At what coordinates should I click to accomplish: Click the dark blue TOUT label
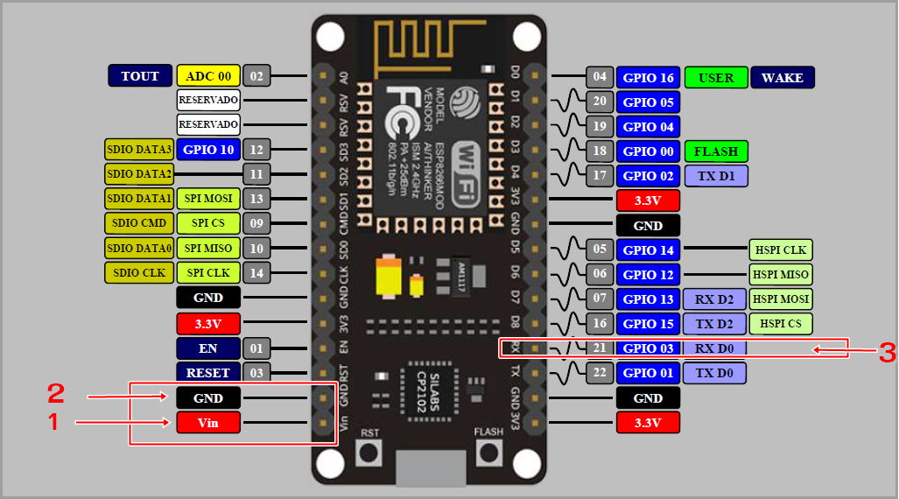[x=140, y=76]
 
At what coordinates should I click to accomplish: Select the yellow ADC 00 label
[x=208, y=76]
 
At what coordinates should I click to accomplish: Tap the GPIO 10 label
[x=208, y=150]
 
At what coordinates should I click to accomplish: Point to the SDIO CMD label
[x=139, y=223]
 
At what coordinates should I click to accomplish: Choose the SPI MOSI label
[x=208, y=199]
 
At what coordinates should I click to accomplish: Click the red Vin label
[x=208, y=423]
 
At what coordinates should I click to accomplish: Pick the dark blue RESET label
[x=208, y=373]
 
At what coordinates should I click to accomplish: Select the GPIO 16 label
[x=648, y=77]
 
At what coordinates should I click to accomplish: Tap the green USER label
[x=716, y=77]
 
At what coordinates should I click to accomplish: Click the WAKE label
[x=783, y=77]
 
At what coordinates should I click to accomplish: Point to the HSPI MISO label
[x=781, y=274]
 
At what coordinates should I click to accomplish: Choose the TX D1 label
[x=716, y=176]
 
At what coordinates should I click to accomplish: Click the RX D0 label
[x=716, y=348]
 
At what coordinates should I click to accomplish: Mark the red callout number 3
[x=887, y=352]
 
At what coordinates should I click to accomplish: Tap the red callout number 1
[x=53, y=423]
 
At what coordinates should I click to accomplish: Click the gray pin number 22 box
[x=600, y=373]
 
